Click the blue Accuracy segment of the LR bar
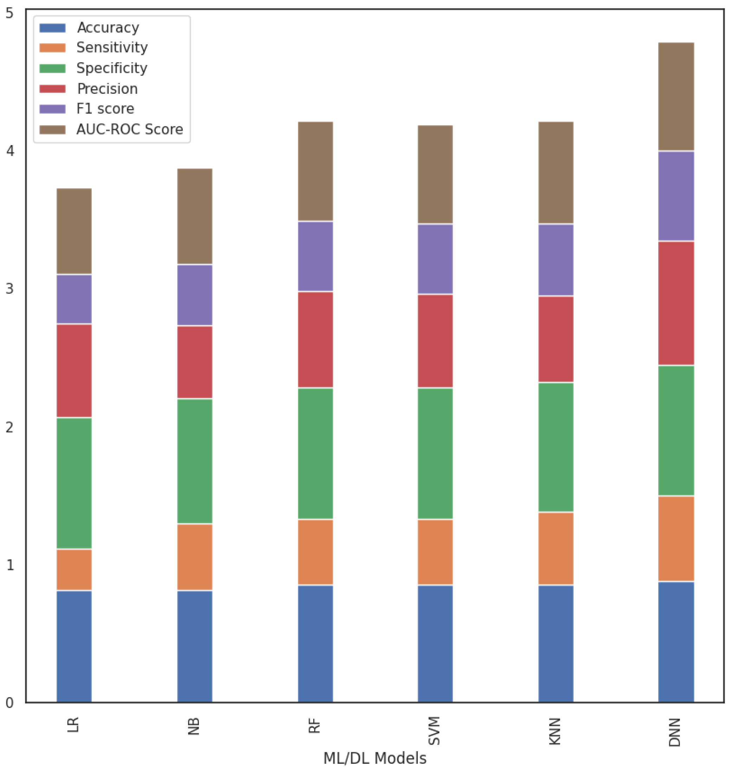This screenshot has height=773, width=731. [x=74, y=647]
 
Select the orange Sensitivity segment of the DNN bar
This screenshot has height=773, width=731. [x=676, y=538]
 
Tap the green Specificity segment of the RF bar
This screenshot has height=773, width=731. [x=315, y=454]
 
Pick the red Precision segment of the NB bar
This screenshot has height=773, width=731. [x=195, y=362]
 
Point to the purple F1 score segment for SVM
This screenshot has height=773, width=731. [x=435, y=259]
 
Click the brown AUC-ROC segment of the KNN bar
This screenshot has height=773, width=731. [x=556, y=172]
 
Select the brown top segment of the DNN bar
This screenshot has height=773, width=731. [x=676, y=97]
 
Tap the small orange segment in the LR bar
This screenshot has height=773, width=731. [x=74, y=570]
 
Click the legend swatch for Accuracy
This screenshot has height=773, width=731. [x=53, y=28]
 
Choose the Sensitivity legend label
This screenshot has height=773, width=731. [x=112, y=47]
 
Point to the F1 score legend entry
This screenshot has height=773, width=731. [x=105, y=109]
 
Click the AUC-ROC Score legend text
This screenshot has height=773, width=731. [x=129, y=129]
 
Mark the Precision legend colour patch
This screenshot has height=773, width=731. [x=53, y=89]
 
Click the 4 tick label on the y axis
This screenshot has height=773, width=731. [x=10, y=151]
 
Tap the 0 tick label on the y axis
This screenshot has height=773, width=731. [x=10, y=703]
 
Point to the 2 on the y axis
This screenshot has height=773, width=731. [x=10, y=427]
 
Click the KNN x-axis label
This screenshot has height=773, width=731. [x=555, y=731]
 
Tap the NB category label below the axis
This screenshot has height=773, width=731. [x=194, y=726]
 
